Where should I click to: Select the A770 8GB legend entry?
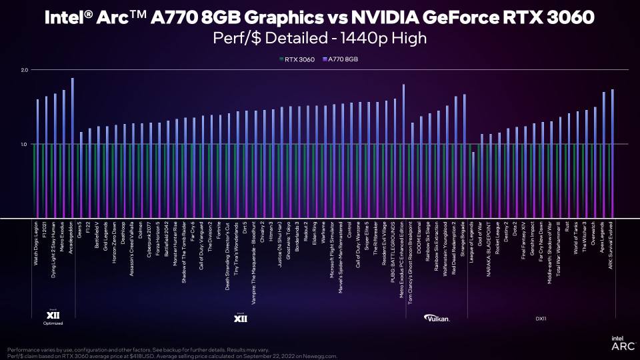coord(339,59)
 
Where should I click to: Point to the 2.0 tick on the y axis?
coord(25,70)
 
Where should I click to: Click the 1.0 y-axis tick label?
coord(25,144)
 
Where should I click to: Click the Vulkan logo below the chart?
coord(439,318)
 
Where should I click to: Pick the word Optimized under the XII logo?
coord(53,323)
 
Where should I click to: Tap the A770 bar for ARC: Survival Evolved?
coord(612,153)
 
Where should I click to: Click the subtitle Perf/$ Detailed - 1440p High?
coord(320,39)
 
